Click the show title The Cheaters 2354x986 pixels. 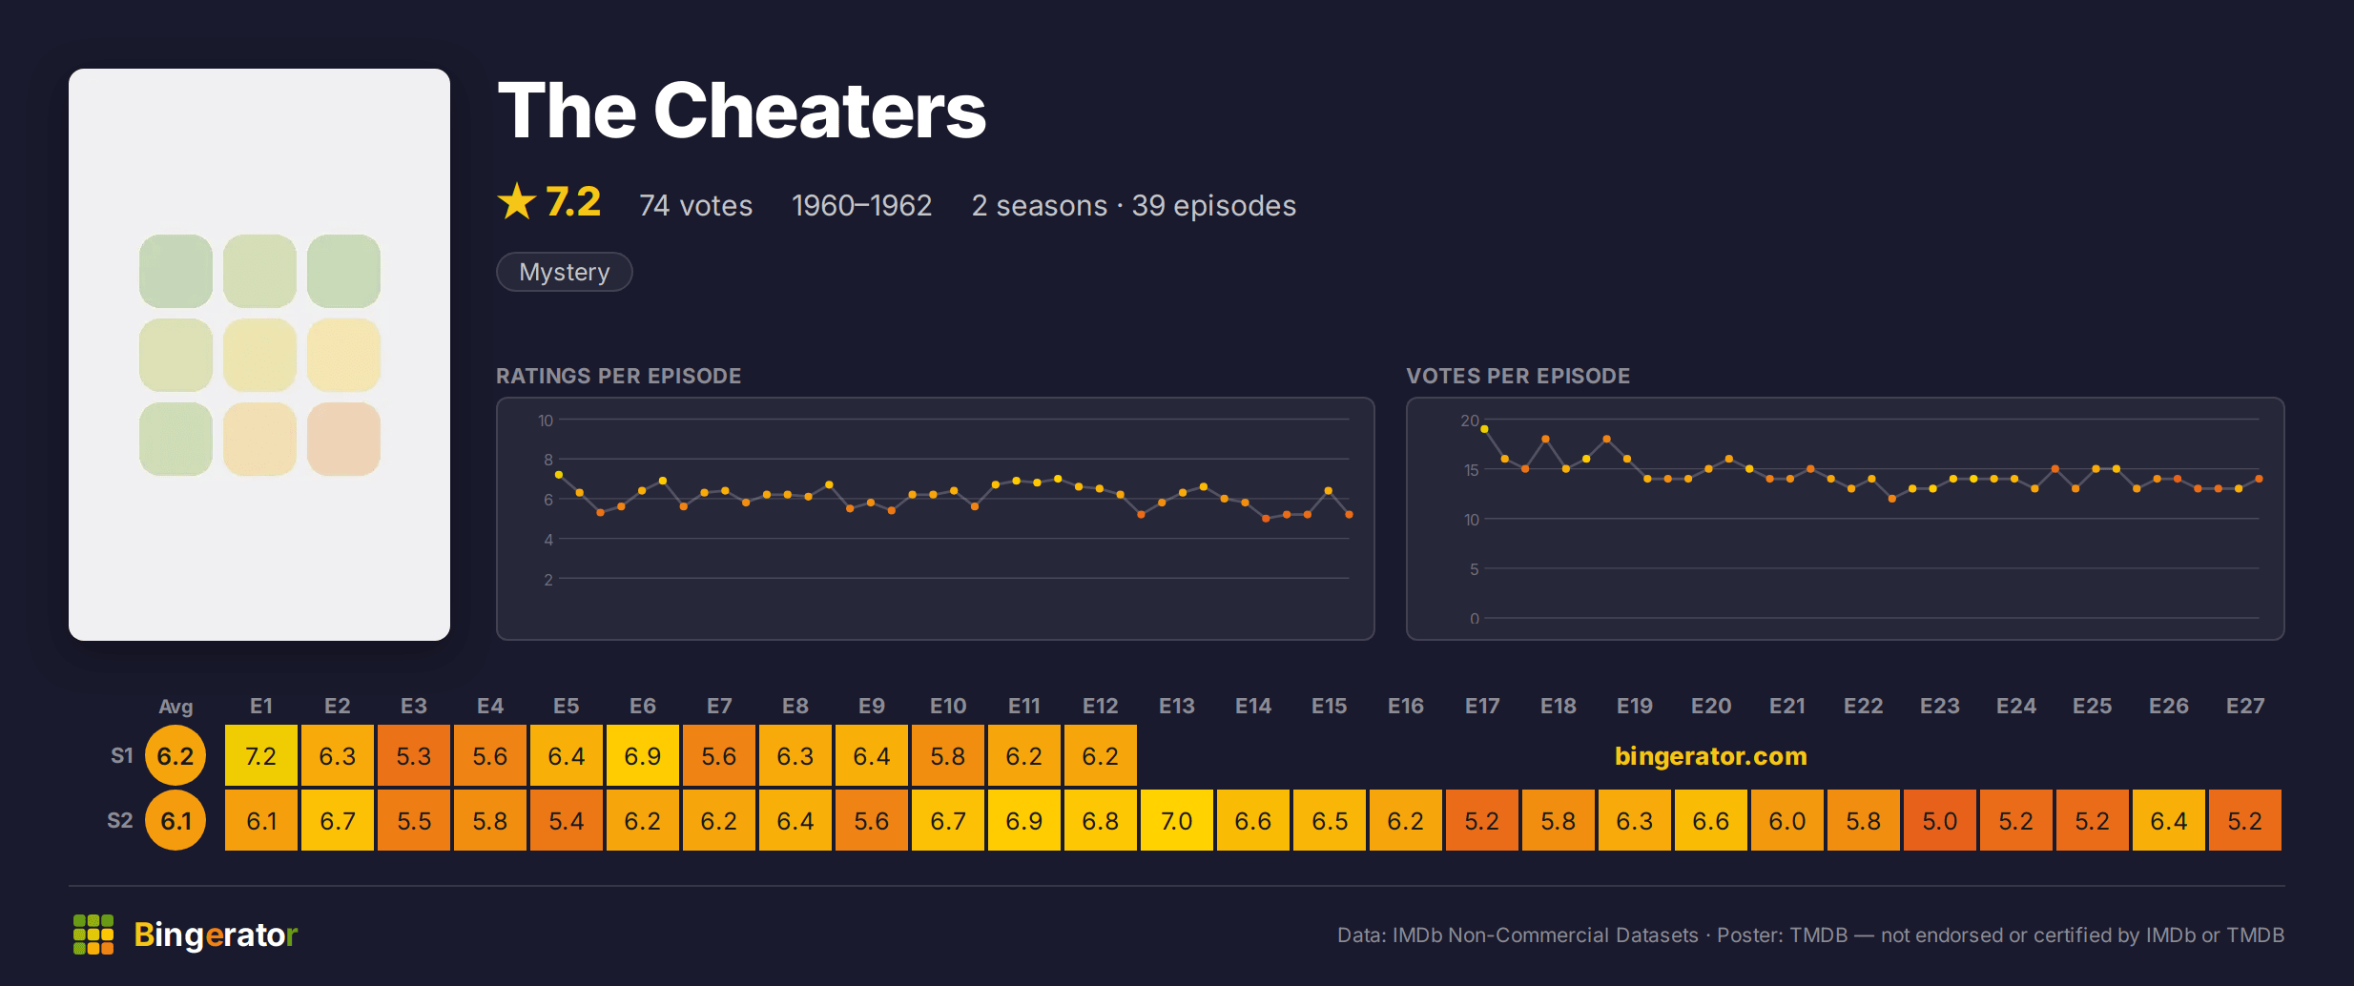pos(742,111)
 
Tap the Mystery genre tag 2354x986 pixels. pos(565,272)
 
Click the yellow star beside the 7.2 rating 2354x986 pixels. pos(517,201)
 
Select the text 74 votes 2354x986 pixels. pos(696,205)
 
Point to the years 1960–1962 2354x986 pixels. pos(861,205)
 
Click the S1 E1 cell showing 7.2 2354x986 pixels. pos(261,755)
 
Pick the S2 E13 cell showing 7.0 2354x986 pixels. pos(1177,820)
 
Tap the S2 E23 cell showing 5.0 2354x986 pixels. pos(1940,820)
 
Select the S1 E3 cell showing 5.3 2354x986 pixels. pos(414,755)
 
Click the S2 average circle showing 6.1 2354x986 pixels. pos(176,820)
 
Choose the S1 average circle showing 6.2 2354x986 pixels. pos(176,755)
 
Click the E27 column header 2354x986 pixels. pos(2245,706)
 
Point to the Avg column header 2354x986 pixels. pos(176,707)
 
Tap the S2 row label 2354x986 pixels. pos(120,820)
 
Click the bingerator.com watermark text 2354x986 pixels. pos(1711,756)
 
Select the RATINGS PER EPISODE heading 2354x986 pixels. pos(618,376)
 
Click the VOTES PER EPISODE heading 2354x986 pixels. pos(1518,376)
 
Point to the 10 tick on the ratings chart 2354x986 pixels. pos(546,421)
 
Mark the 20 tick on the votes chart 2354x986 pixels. pos(1470,421)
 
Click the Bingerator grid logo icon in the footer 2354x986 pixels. pos(93,935)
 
